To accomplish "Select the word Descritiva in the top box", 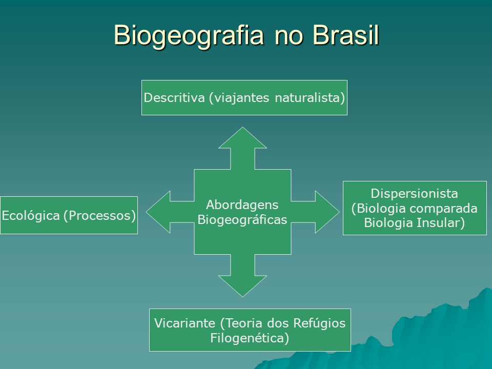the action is tap(174, 97).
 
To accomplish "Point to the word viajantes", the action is tap(239, 98).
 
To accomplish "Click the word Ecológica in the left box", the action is tap(31, 216).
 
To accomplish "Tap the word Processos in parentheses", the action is tap(100, 216).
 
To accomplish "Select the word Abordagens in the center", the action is tap(242, 205).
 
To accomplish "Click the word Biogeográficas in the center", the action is tap(242, 220).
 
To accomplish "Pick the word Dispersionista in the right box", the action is tap(414, 193).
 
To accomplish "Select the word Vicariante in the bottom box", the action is tap(184, 323).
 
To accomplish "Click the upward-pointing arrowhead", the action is tap(242, 137).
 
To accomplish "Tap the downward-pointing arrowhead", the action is tap(242, 286).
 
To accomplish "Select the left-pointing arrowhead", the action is tap(158, 212).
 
